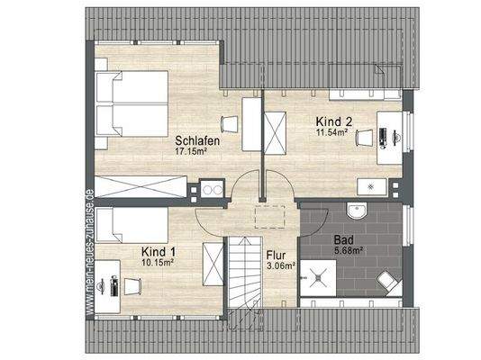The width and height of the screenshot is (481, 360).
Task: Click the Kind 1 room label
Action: coord(158,252)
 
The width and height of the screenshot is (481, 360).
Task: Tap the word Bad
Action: coord(342,241)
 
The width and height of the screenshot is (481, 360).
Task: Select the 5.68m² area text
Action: coord(347,251)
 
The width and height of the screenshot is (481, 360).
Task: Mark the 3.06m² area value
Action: coord(279,266)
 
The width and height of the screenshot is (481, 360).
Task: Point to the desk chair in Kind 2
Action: coord(364,137)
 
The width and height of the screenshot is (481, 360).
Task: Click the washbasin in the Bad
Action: coord(357,212)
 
